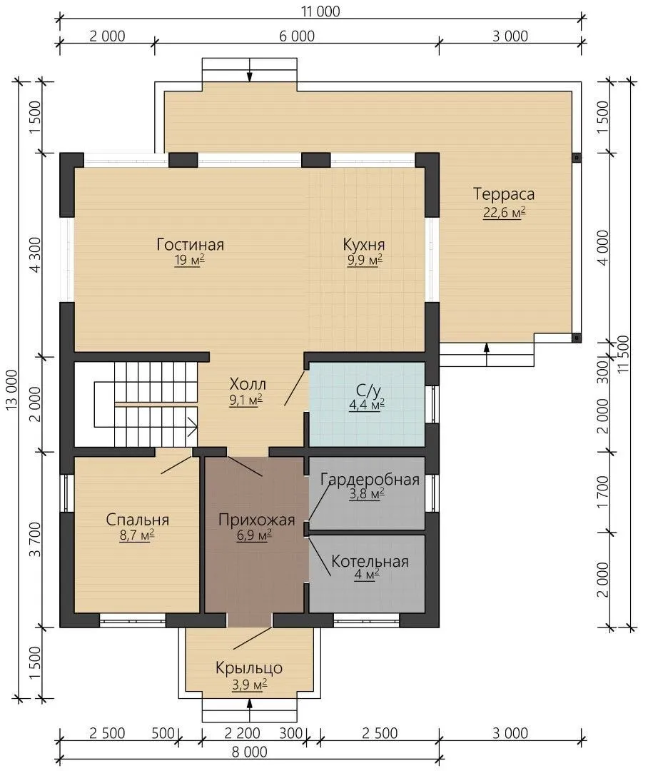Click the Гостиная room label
click(x=191, y=244)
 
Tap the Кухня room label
click(x=364, y=244)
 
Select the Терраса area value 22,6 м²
click(x=504, y=213)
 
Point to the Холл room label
click(x=248, y=383)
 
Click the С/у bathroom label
click(x=368, y=390)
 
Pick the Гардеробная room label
click(x=370, y=480)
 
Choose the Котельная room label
click(x=370, y=562)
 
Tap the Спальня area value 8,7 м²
click(x=137, y=535)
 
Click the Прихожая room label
click(x=256, y=520)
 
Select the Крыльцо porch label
click(x=249, y=668)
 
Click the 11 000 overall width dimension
click(x=320, y=11)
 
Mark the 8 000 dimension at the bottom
click(x=249, y=752)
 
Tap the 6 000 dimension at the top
click(x=297, y=36)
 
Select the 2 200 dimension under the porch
click(x=242, y=733)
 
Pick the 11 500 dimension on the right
click(x=623, y=354)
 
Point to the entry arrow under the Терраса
click(x=487, y=354)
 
